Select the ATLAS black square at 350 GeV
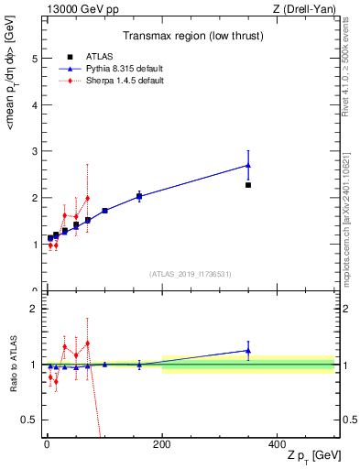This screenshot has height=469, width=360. [248, 185]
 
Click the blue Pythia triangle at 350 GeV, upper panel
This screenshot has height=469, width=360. [248, 165]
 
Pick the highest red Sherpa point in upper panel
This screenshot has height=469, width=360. [87, 198]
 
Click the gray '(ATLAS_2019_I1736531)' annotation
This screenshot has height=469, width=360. [191, 273]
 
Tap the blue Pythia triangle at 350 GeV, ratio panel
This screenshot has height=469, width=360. [248, 350]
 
